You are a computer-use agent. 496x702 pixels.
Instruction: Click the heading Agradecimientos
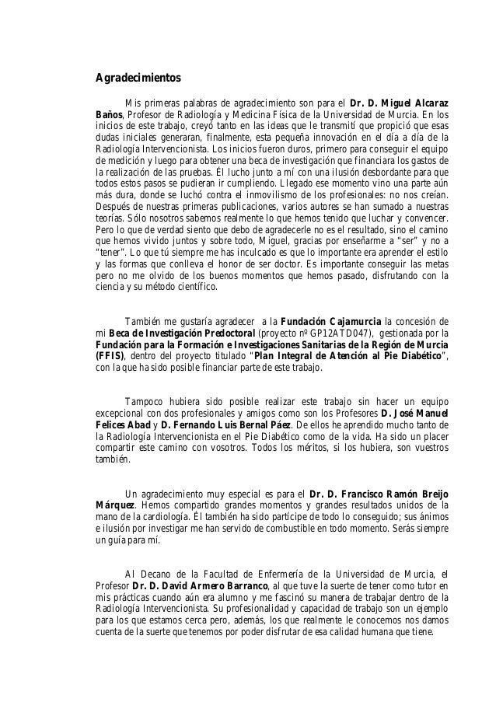tap(137, 78)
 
